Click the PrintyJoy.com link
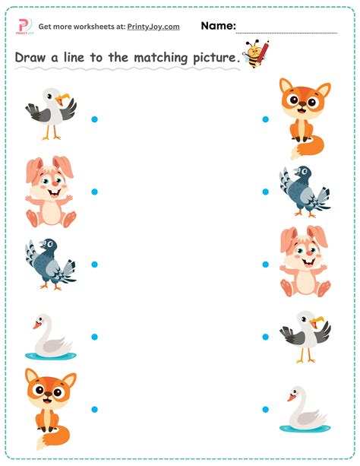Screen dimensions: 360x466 coord(153,27)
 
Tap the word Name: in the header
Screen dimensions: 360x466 coord(218,26)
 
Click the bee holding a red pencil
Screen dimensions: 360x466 coord(255,54)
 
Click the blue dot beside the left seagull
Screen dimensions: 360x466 coord(94,119)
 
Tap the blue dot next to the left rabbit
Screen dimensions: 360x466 coord(94,192)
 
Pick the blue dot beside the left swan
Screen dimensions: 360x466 coord(94,337)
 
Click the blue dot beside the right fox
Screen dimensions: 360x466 coord(266,119)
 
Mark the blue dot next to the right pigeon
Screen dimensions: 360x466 coord(266,192)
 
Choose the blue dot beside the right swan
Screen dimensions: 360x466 coord(266,409)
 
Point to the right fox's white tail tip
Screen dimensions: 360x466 coord(295,153)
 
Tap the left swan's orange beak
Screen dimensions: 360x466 coord(37,325)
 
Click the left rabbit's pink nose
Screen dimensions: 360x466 coord(55,187)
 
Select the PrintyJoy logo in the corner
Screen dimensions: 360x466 coord(25,27)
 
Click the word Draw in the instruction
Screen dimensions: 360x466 coord(30,57)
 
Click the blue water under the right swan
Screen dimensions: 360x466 coord(305,428)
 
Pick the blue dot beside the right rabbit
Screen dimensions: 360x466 coord(266,265)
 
